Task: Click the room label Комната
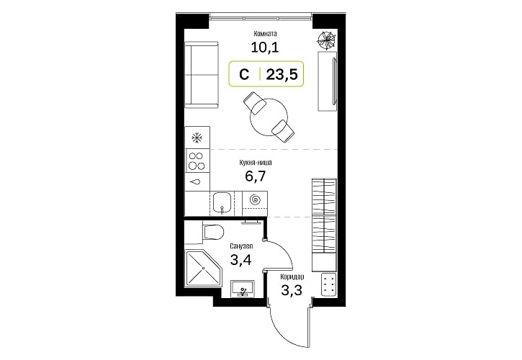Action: (x=266, y=34)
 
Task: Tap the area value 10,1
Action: (x=265, y=48)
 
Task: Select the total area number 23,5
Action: (x=282, y=75)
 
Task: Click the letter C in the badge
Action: (x=244, y=75)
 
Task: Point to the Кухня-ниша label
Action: (x=256, y=163)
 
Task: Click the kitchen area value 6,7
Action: (x=256, y=176)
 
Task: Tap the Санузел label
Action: (x=241, y=246)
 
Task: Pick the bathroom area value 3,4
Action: (x=240, y=260)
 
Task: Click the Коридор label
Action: (x=292, y=276)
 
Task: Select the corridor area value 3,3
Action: (x=292, y=290)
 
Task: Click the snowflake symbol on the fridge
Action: (x=197, y=137)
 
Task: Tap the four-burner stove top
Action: (x=197, y=161)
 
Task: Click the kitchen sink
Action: (x=222, y=203)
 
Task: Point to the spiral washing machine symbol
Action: (x=256, y=199)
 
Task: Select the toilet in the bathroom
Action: (x=212, y=231)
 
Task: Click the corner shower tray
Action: (x=203, y=268)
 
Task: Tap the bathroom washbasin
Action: (x=243, y=289)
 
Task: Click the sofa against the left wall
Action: (x=202, y=75)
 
